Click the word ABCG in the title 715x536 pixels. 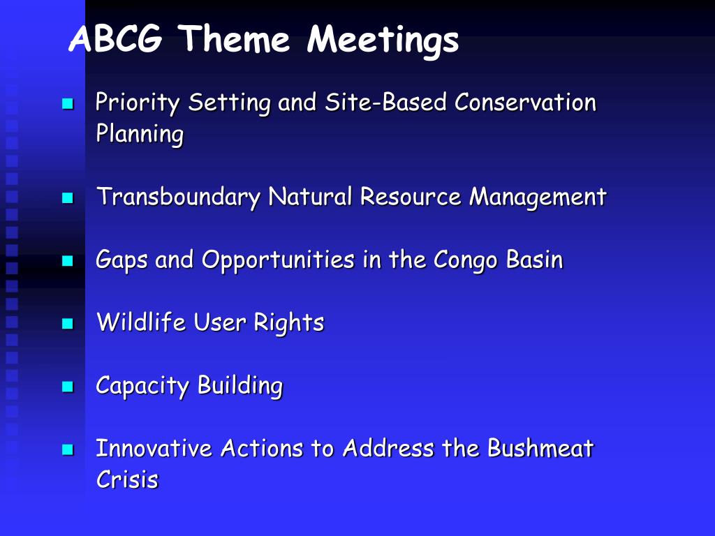(116, 38)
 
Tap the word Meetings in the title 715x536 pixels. (383, 41)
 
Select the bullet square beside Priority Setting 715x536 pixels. (68, 104)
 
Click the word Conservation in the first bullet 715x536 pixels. (525, 102)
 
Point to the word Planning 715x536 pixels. (140, 135)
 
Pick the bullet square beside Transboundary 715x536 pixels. (68, 198)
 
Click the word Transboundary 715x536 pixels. (178, 197)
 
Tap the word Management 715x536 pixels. (538, 198)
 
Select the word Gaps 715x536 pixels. (121, 260)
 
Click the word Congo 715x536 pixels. (465, 260)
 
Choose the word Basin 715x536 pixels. (534, 260)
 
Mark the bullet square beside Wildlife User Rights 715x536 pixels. (68, 324)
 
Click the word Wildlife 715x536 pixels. (141, 321)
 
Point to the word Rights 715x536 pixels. (288, 323)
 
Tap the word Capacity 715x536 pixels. (142, 386)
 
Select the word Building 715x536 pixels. (240, 386)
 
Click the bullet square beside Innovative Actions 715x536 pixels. (68, 449)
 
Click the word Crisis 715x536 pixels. (127, 479)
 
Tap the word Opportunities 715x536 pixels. (278, 260)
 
